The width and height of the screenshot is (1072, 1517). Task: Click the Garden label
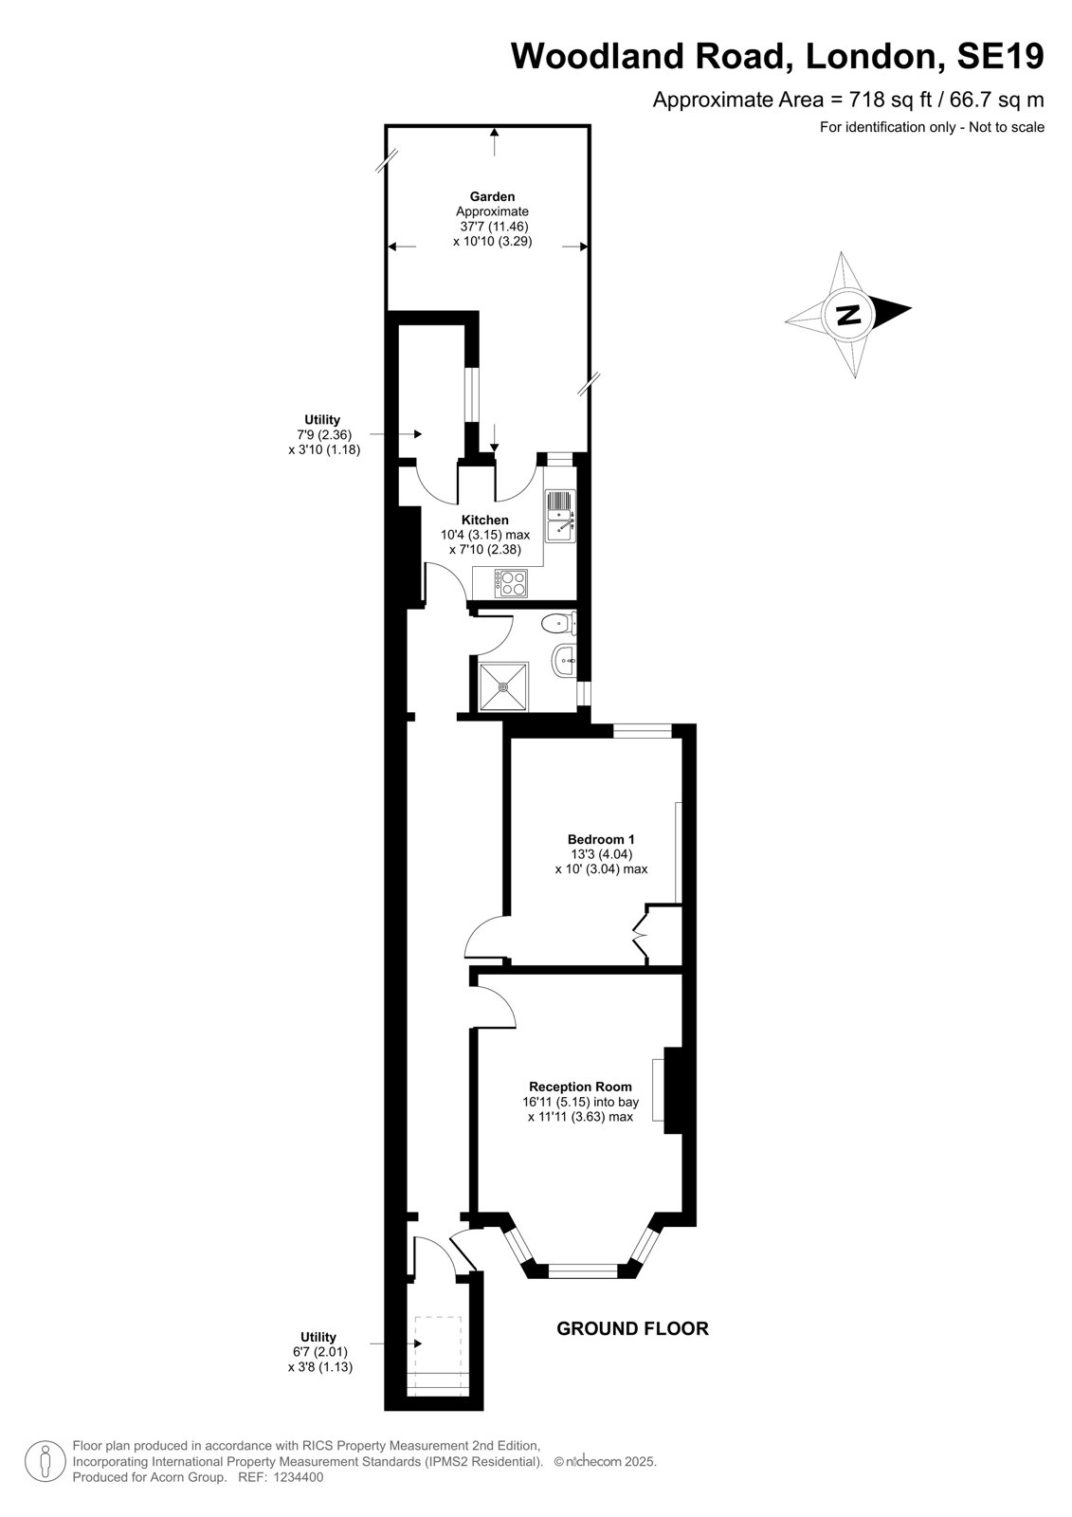pos(492,196)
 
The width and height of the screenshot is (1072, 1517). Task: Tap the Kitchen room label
pos(485,521)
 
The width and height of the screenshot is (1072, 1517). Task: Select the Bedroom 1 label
pos(601,839)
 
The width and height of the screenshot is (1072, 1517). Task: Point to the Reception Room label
pos(580,1087)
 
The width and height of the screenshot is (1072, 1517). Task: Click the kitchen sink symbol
pos(560,516)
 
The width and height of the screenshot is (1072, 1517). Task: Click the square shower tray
pos(504,686)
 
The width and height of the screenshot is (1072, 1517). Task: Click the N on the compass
pos(848,315)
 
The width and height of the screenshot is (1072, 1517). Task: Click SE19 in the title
pos(1000,56)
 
